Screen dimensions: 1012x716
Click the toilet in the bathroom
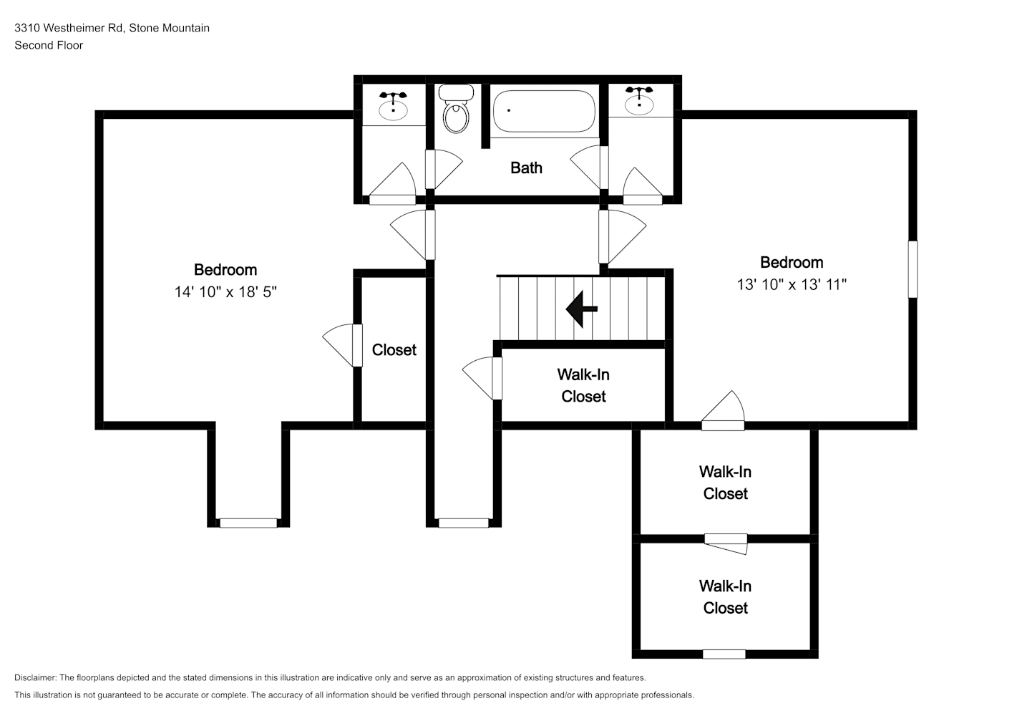pos(456,109)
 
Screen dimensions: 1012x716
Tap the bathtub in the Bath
pos(544,112)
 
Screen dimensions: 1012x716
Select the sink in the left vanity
pos(393,107)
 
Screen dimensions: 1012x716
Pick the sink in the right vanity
pos(639,102)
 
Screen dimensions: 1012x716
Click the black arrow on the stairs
pos(582,309)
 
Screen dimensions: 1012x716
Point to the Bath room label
pos(526,168)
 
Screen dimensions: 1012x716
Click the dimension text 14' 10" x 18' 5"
pos(225,292)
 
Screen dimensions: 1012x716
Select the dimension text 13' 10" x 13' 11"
pos(792,284)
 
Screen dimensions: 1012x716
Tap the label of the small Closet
pos(394,350)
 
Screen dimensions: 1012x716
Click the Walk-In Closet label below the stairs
pos(583,386)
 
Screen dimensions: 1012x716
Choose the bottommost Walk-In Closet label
pos(725,597)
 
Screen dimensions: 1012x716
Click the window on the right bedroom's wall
pos(913,269)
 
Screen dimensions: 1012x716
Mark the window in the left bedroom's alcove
pos(248,523)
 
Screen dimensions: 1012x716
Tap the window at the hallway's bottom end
pos(464,523)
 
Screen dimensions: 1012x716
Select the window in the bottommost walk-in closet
pos(724,654)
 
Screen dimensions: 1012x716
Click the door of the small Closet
pos(357,345)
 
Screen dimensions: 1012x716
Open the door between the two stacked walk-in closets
pos(726,543)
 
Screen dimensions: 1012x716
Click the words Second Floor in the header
pos(49,45)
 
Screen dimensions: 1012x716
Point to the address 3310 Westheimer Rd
pos(69,28)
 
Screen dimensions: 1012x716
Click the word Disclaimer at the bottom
pos(35,677)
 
